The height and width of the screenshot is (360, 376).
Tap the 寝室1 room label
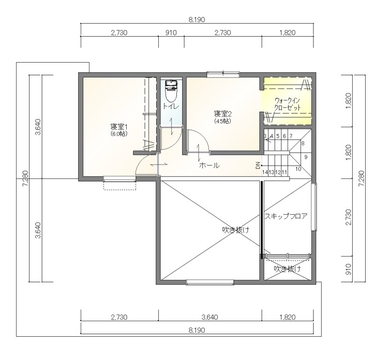(x=118, y=126)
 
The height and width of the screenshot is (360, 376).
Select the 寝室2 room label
(x=223, y=113)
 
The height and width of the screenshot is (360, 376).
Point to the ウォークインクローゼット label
(x=287, y=103)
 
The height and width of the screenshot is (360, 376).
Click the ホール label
(x=209, y=165)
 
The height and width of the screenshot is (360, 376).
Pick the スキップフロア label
(x=286, y=216)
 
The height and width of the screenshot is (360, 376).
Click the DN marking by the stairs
(x=258, y=165)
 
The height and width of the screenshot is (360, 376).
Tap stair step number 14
(x=265, y=172)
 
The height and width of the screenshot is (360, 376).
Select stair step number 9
(x=306, y=157)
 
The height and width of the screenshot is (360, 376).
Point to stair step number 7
(x=291, y=136)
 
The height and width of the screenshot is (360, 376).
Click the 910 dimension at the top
(x=171, y=33)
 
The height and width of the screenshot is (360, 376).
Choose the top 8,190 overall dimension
(x=197, y=20)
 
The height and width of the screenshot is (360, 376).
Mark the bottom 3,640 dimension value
(x=209, y=317)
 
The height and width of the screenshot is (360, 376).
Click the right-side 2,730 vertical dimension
(x=349, y=217)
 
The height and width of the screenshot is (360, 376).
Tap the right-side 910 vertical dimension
(x=349, y=269)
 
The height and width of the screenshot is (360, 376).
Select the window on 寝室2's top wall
(x=223, y=74)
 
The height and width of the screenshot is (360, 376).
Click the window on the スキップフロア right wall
(x=313, y=207)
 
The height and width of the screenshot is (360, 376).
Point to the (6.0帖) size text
(x=119, y=134)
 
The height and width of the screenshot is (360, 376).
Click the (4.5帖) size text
(x=223, y=121)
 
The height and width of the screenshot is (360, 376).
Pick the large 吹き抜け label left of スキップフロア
(x=236, y=230)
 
